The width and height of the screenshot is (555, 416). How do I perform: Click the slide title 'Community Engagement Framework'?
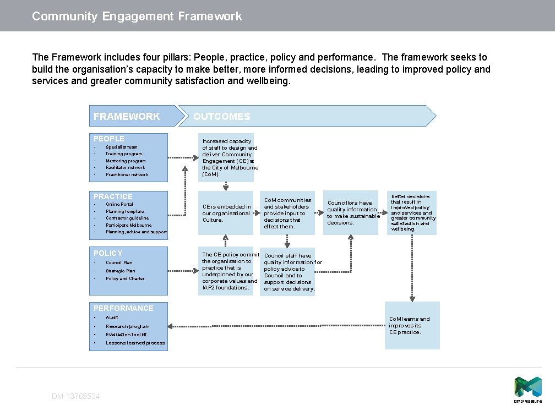pos(137,17)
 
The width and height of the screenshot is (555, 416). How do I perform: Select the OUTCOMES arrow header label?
pos(221,117)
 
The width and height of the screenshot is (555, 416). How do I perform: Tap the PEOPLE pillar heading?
pos(109,139)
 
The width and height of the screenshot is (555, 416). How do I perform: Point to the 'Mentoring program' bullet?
pos(126,161)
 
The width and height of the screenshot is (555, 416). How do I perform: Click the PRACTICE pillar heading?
pos(113,196)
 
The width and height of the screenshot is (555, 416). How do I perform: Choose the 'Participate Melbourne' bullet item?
pos(128,225)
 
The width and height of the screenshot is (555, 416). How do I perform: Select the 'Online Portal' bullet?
pos(119,204)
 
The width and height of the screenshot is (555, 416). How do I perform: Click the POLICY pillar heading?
pos(108,253)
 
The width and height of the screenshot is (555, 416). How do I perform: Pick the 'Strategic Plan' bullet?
pos(120,271)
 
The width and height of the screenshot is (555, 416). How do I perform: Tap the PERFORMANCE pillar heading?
pos(123,308)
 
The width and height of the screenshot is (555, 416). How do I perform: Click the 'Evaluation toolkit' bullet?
pos(126,335)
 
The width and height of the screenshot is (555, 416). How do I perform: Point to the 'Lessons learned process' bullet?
pos(135,343)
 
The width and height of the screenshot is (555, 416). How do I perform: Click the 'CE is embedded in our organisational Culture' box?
pos(226,213)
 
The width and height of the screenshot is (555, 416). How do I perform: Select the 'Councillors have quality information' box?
pos(351,212)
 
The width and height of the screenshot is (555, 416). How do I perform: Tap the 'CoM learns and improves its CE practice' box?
pos(412,325)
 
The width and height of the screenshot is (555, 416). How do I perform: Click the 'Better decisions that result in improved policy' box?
pos(412,212)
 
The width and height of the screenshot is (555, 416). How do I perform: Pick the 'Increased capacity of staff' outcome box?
pos(226,157)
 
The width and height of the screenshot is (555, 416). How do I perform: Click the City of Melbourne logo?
pos(527,389)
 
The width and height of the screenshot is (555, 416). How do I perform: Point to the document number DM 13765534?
pos(76,396)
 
